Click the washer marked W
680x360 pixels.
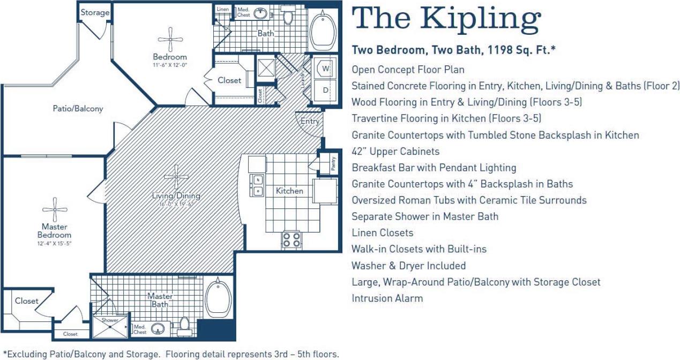pyautogui.click(x=325, y=69)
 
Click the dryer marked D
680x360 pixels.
pyautogui.click(x=325, y=90)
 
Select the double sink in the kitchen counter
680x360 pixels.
pyautogui.click(x=258, y=185)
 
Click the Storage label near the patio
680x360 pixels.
pyautogui.click(x=95, y=12)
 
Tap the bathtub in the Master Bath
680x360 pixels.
pyautogui.click(x=218, y=298)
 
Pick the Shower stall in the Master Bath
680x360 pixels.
pyautogui.click(x=110, y=326)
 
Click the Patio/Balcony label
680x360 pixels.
pyautogui.click(x=78, y=108)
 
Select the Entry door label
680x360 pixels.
pyautogui.click(x=309, y=121)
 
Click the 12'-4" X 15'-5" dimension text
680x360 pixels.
pyautogui.click(x=54, y=244)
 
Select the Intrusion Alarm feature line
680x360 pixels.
pyautogui.click(x=387, y=298)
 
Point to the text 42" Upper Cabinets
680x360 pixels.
pyautogui.click(x=395, y=152)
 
